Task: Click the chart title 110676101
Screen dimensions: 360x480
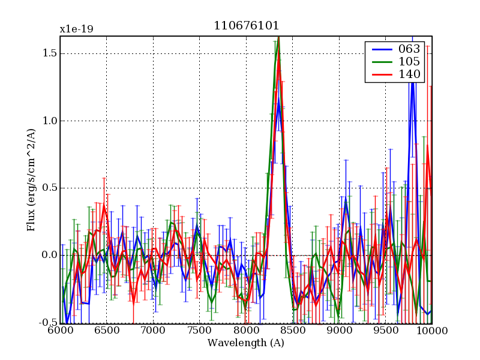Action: coord(246,26)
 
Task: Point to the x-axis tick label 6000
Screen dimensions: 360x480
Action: coord(60,331)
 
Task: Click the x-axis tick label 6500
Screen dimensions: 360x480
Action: coord(107,331)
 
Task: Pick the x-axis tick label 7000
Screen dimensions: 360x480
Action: coord(153,331)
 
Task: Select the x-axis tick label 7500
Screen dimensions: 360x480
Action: coord(200,331)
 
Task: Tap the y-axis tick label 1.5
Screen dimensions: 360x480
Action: coord(49,53)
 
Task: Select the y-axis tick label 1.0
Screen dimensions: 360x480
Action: coord(49,121)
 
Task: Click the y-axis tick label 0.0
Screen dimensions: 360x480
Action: coord(49,255)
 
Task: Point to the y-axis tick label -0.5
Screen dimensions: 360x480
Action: coord(46,323)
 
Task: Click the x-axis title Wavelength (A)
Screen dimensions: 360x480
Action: coord(246,343)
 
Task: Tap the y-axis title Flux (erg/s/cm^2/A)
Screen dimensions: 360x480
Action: coord(31,180)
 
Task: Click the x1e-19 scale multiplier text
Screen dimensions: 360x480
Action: coord(76,29)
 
